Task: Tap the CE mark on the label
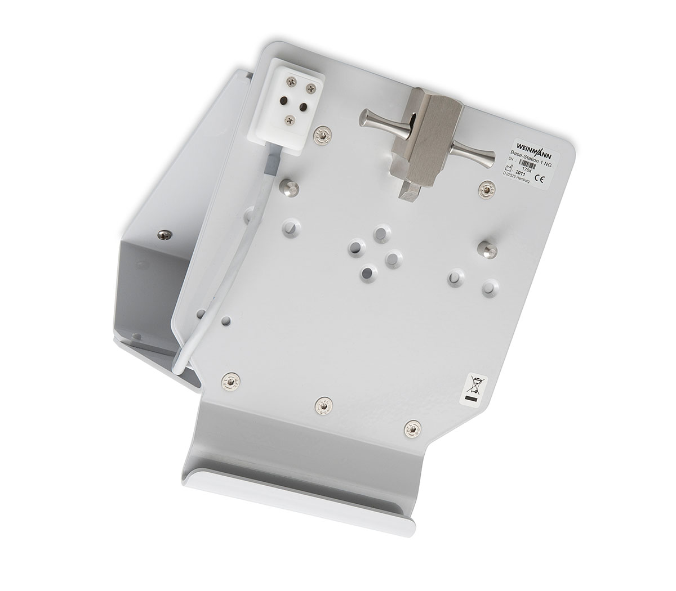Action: [537, 181]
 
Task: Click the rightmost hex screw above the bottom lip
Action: [414, 429]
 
